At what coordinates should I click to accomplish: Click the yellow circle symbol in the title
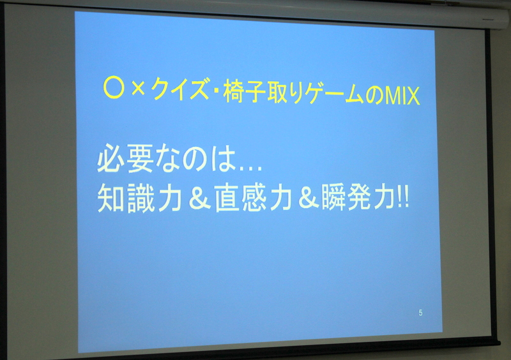[x=114, y=89]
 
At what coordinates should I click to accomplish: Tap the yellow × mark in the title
[x=138, y=89]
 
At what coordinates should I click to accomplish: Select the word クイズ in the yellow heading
[x=180, y=89]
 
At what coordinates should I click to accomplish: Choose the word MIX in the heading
[x=403, y=96]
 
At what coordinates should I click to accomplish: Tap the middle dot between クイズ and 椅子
[x=217, y=90]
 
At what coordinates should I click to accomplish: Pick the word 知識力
[x=139, y=198]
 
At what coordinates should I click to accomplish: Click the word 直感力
[x=253, y=197]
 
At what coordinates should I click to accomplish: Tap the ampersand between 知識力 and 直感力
[x=199, y=198]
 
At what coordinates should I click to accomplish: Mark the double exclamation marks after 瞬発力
[x=404, y=198]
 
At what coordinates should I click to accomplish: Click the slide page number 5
[x=420, y=313]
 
